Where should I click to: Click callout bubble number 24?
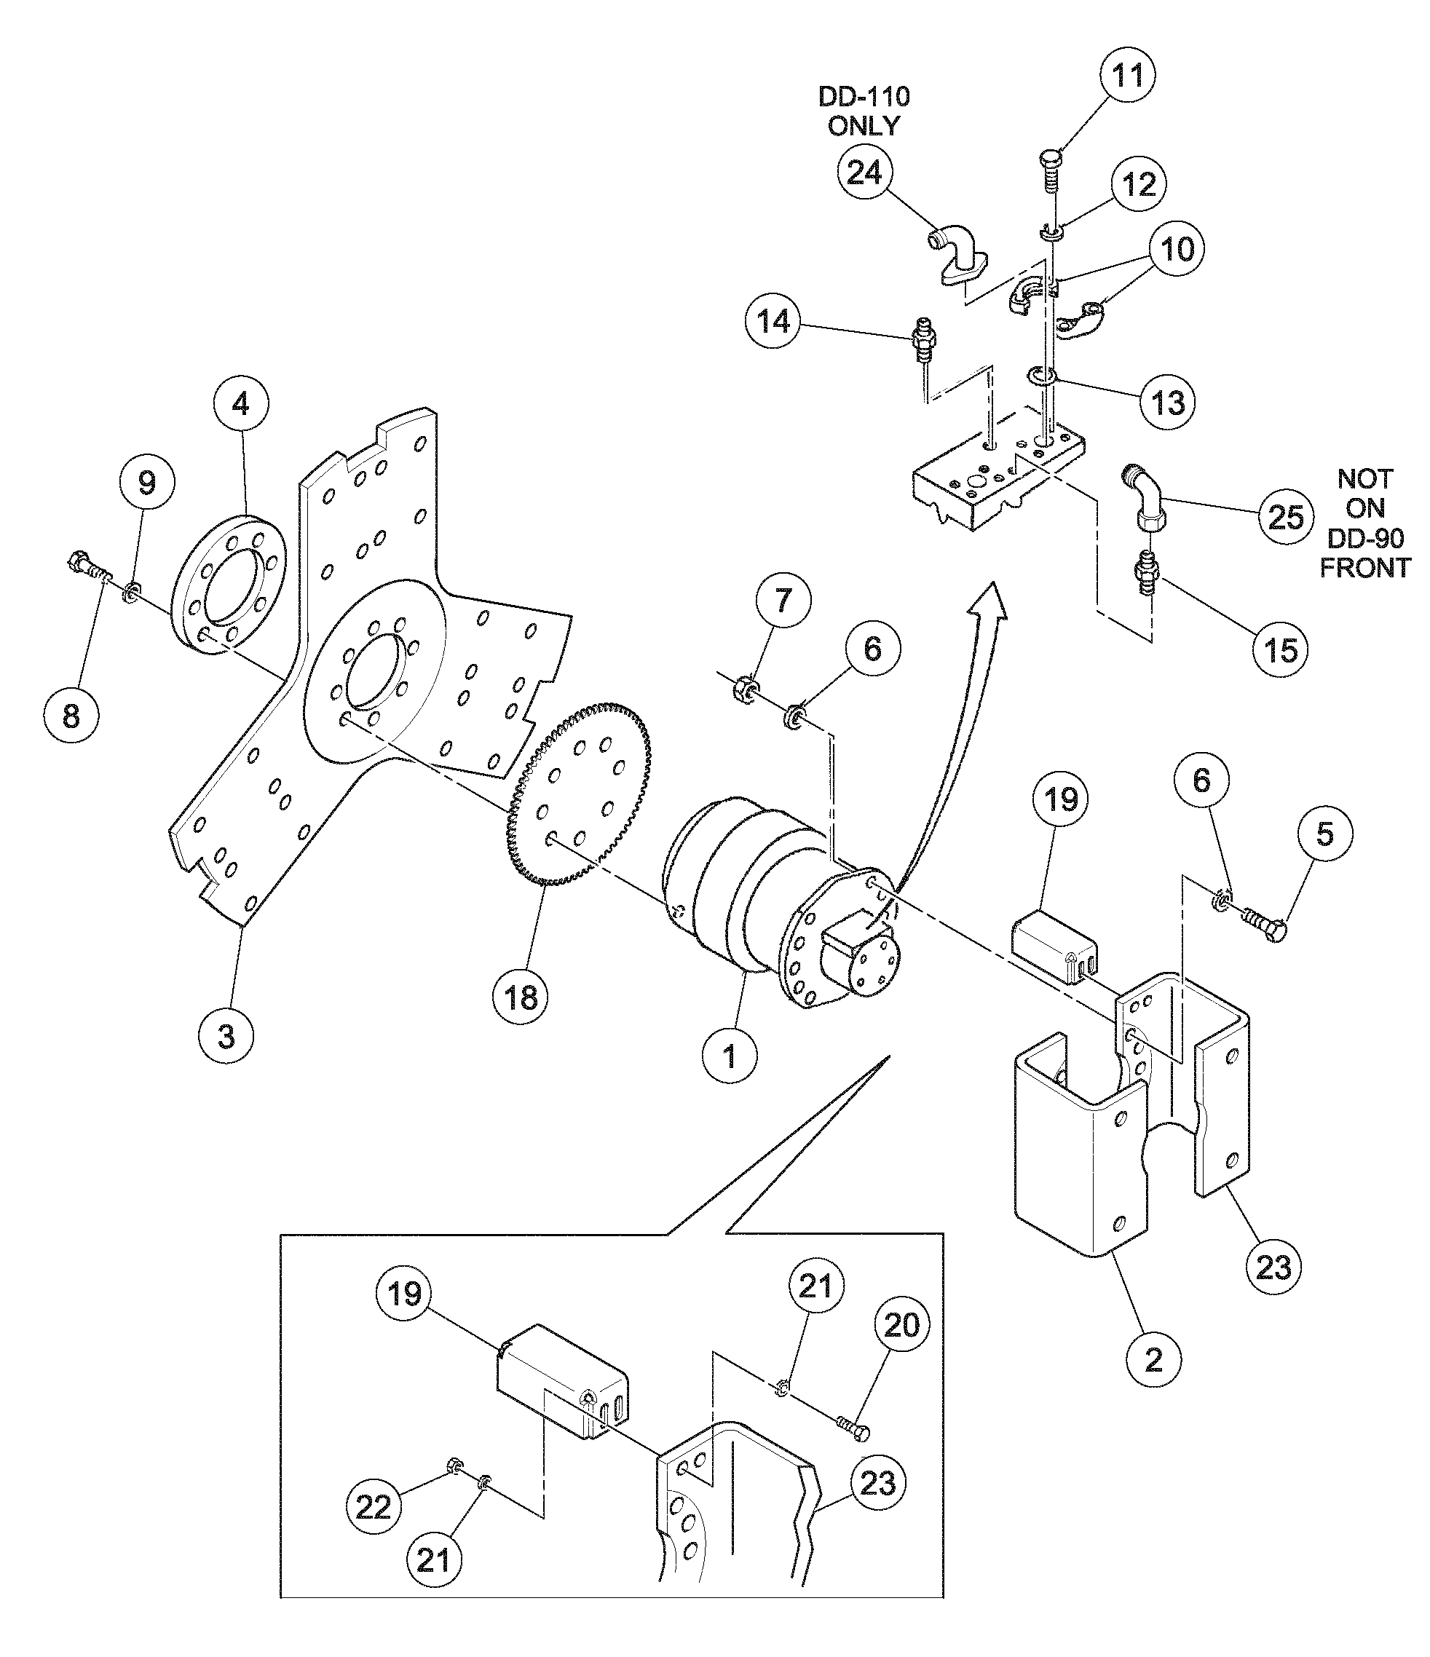864,173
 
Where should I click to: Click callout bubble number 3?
226,1037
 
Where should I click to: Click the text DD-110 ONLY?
864,111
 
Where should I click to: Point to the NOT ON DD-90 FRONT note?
1364,523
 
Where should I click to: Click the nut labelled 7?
741,687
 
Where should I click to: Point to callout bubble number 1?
730,1056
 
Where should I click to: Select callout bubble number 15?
1281,649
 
